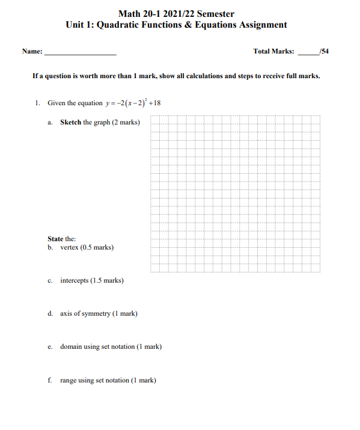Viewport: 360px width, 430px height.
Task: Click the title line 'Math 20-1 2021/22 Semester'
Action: click(176, 14)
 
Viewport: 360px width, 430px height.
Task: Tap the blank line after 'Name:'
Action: click(80, 53)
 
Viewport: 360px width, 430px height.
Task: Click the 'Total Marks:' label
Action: click(274, 52)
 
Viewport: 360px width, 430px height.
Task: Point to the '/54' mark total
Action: click(324, 52)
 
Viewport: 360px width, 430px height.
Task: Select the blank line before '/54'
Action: click(308, 53)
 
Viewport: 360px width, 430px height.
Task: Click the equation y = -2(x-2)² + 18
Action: click(133, 103)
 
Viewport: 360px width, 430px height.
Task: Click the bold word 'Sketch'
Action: click(70, 123)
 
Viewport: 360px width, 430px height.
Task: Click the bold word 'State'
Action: click(56, 239)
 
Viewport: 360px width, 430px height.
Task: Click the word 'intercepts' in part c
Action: click(75, 280)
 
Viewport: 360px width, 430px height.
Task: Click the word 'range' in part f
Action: click(69, 381)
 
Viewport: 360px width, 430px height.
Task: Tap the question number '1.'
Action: click(37, 103)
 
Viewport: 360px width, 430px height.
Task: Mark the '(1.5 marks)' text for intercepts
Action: click(107, 280)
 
